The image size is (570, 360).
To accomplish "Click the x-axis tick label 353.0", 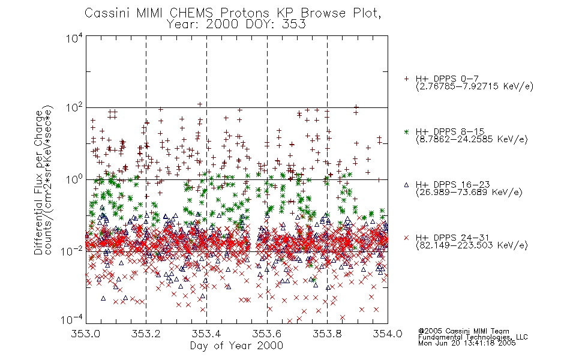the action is click(85, 334).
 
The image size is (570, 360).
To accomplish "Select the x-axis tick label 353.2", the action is click(146, 334).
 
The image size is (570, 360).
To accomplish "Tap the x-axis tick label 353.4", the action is click(206, 334).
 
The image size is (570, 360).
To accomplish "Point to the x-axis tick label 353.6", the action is click(267, 334).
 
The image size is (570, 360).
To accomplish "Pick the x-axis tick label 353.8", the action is click(327, 334).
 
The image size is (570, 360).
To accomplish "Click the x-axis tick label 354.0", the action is click(388, 334).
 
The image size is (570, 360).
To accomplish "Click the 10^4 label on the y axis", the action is click(74, 38).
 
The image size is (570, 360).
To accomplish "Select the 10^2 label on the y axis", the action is click(74, 108).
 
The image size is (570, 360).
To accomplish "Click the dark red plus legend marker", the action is click(406, 79).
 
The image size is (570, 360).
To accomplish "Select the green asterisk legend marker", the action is click(406, 131).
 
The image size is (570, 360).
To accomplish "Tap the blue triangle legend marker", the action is click(406, 185).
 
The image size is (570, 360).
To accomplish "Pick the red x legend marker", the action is click(406, 238).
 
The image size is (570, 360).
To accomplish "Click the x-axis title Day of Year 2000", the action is click(236, 346).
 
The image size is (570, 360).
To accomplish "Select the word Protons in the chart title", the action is click(245, 13).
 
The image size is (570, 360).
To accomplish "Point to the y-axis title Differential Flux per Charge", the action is click(39, 182).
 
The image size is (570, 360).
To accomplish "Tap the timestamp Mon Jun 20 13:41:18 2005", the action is click(467, 343).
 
